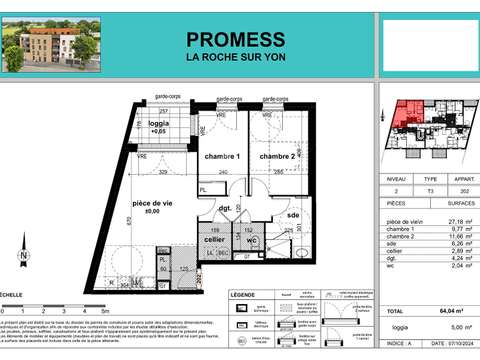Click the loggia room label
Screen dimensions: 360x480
click(158, 125)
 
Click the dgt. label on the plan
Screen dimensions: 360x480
click(226, 208)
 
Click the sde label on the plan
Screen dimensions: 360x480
click(293, 216)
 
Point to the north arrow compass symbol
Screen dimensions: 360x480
click(18, 253)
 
